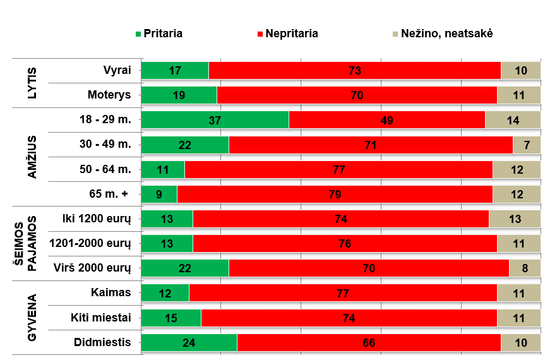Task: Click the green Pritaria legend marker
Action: pos(138,33)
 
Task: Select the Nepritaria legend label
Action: pos(292,33)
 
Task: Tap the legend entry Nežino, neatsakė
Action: pos(446,33)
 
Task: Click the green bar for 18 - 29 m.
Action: pos(215,120)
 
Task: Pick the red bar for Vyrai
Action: pos(354,71)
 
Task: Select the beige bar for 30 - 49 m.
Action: pos(526,145)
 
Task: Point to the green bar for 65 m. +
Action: pos(159,195)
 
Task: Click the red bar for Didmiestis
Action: pos(369,342)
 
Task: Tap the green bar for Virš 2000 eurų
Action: pos(184,268)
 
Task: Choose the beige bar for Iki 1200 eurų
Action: pos(514,219)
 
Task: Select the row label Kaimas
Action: pos(111,293)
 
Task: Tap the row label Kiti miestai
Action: pos(101,318)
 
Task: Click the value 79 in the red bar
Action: pos(335,195)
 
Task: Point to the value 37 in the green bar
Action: pos(215,120)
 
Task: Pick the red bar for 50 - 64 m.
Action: pos(338,170)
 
